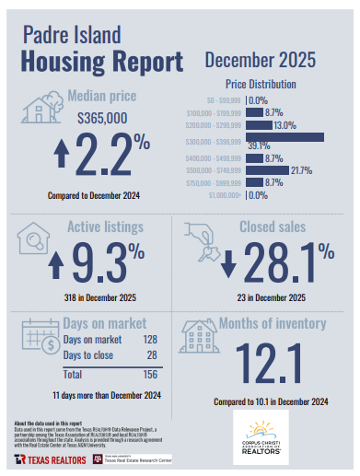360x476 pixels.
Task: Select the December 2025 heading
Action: click(x=260, y=61)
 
